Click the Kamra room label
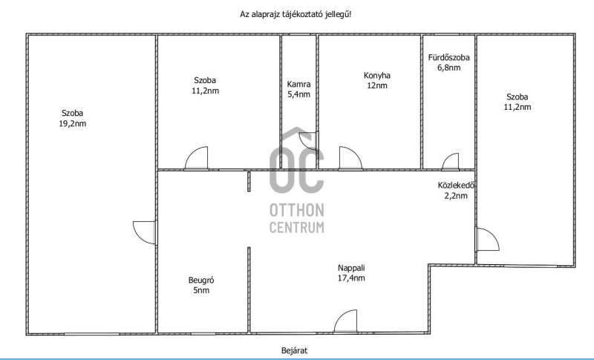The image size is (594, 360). click(x=298, y=84)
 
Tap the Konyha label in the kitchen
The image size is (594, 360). click(x=377, y=75)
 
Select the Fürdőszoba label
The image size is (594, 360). click(x=449, y=58)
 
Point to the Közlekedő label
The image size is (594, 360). click(x=456, y=186)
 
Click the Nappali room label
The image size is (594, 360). click(x=351, y=268)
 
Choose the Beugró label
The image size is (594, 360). click(x=201, y=281)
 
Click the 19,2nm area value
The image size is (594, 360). click(x=72, y=123)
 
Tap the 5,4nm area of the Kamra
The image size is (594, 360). click(x=298, y=94)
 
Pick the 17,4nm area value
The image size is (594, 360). click(x=351, y=278)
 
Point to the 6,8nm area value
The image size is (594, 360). click(x=449, y=68)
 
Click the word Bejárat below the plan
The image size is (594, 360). click(x=294, y=350)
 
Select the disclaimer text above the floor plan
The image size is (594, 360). click(x=296, y=14)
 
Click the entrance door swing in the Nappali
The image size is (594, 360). click(x=345, y=321)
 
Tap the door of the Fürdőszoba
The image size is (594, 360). click(x=451, y=161)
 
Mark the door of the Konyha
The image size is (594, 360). click(x=350, y=158)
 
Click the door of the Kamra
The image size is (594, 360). click(x=309, y=141)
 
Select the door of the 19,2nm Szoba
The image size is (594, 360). click(x=144, y=232)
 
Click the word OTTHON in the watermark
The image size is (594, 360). click(x=296, y=210)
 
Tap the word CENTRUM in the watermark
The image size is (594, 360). click(x=296, y=227)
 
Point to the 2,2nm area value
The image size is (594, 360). click(x=455, y=196)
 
